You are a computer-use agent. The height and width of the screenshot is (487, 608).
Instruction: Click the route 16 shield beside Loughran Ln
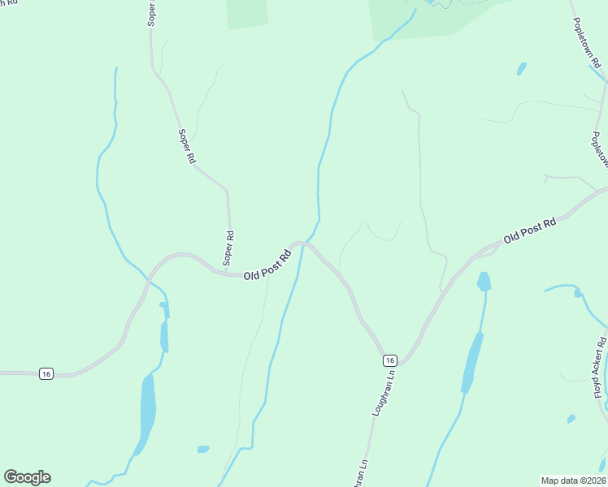[390, 360]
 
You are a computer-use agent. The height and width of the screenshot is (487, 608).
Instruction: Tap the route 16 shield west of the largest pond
[46, 373]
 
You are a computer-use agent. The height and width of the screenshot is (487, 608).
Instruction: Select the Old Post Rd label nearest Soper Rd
[268, 265]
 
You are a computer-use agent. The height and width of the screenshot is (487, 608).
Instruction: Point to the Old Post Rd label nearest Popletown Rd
[529, 231]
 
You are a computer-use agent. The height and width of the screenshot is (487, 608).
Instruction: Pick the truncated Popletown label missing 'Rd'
[600, 151]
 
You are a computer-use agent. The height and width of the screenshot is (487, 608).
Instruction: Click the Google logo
[27, 477]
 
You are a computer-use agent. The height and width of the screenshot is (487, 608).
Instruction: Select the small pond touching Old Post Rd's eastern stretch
[484, 282]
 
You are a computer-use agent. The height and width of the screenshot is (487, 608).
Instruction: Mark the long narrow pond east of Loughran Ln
[472, 362]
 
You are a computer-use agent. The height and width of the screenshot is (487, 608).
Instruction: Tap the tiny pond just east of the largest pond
[202, 449]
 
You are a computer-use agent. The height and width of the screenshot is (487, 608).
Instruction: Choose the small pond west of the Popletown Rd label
[521, 69]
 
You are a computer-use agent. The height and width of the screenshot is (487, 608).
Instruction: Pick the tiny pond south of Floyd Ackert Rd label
[571, 419]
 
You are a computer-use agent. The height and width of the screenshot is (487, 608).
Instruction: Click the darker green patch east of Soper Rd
[247, 13]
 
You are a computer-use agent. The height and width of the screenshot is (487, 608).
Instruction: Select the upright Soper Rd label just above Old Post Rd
[230, 248]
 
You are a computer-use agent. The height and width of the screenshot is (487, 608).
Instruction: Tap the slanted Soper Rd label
[187, 147]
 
